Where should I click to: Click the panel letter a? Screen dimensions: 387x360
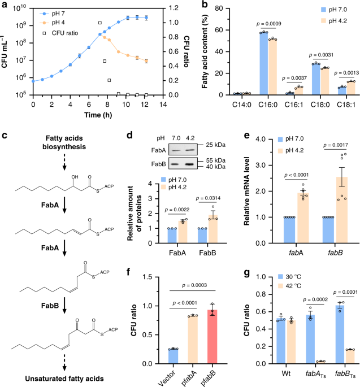(x=5, y=5)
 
